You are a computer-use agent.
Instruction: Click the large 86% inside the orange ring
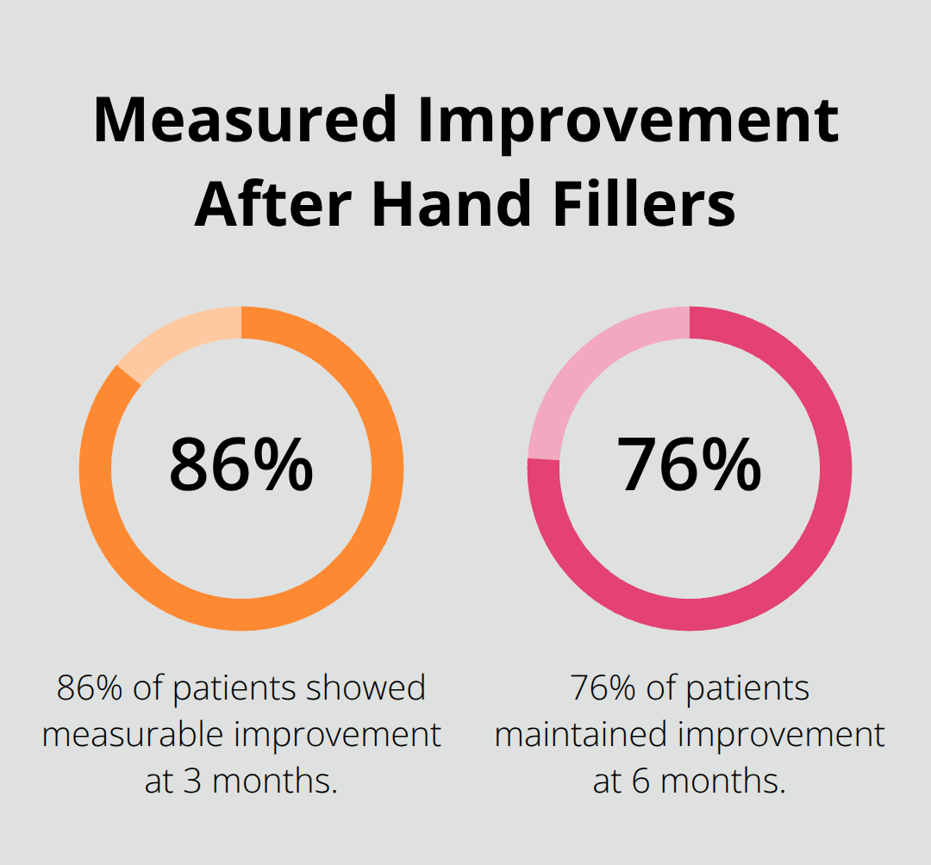coord(241,465)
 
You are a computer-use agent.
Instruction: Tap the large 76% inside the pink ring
coord(689,465)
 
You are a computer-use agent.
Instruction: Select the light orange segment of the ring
coord(177,337)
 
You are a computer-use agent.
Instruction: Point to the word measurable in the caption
coord(131,735)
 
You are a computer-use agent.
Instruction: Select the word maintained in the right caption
coord(581,735)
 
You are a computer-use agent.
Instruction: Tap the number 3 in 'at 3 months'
coord(192,781)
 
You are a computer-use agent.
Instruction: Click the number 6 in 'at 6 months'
coord(640,781)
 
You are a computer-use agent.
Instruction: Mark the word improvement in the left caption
coord(335,735)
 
